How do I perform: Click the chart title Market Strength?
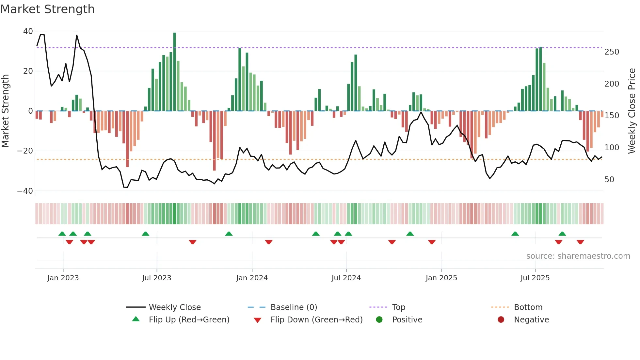tap(47, 9)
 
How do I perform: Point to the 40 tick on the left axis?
tap(28, 31)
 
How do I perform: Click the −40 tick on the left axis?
tap(25, 191)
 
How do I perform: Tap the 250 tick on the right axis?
tap(612, 52)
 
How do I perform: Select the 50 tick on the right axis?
tap(609, 180)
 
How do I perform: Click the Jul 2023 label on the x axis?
tap(156, 278)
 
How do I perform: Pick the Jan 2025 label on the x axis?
tap(441, 278)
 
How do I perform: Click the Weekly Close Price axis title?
tap(632, 111)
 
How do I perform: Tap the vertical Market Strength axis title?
tap(6, 111)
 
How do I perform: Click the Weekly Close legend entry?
tap(175, 307)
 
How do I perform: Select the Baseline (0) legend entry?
tap(294, 307)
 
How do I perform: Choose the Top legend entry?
tap(398, 307)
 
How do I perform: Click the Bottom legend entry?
tap(528, 307)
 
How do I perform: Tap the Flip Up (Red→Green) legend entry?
tap(189, 320)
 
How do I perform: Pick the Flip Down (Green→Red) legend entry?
tap(316, 320)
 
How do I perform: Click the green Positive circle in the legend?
tap(379, 319)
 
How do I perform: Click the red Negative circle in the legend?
tap(501, 319)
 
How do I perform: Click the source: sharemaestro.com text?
tap(578, 256)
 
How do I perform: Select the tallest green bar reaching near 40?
tap(174, 72)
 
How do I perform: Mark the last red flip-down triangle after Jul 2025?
tap(580, 242)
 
